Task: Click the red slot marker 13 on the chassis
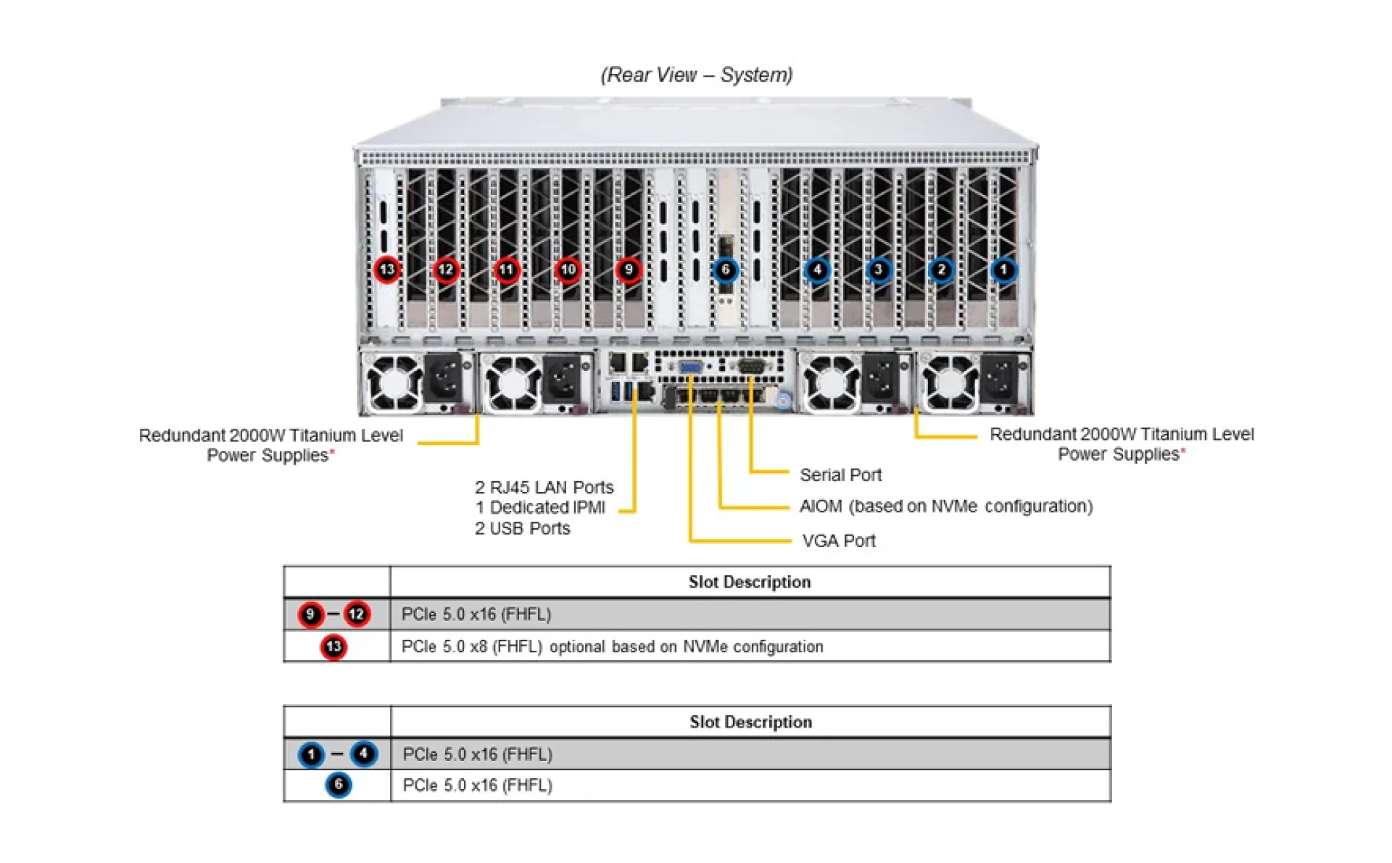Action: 387,270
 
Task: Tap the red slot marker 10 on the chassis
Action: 568,270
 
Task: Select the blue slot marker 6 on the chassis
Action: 725,270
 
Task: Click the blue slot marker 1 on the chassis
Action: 1003,270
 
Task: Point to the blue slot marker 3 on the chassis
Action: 878,270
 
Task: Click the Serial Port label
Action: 840,475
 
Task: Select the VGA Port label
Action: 839,541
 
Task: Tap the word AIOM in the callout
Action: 820,506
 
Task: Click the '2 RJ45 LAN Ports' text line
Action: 544,487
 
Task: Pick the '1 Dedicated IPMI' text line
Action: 540,507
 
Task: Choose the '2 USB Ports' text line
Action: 522,528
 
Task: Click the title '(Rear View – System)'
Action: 696,75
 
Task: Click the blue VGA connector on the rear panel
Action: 689,367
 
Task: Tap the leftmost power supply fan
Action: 394,382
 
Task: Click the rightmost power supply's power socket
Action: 999,378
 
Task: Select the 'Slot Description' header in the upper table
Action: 749,582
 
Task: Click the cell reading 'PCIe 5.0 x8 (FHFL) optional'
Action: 612,646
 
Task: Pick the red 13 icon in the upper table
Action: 333,646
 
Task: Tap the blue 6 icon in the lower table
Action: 338,785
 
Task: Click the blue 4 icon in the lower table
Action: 363,754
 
